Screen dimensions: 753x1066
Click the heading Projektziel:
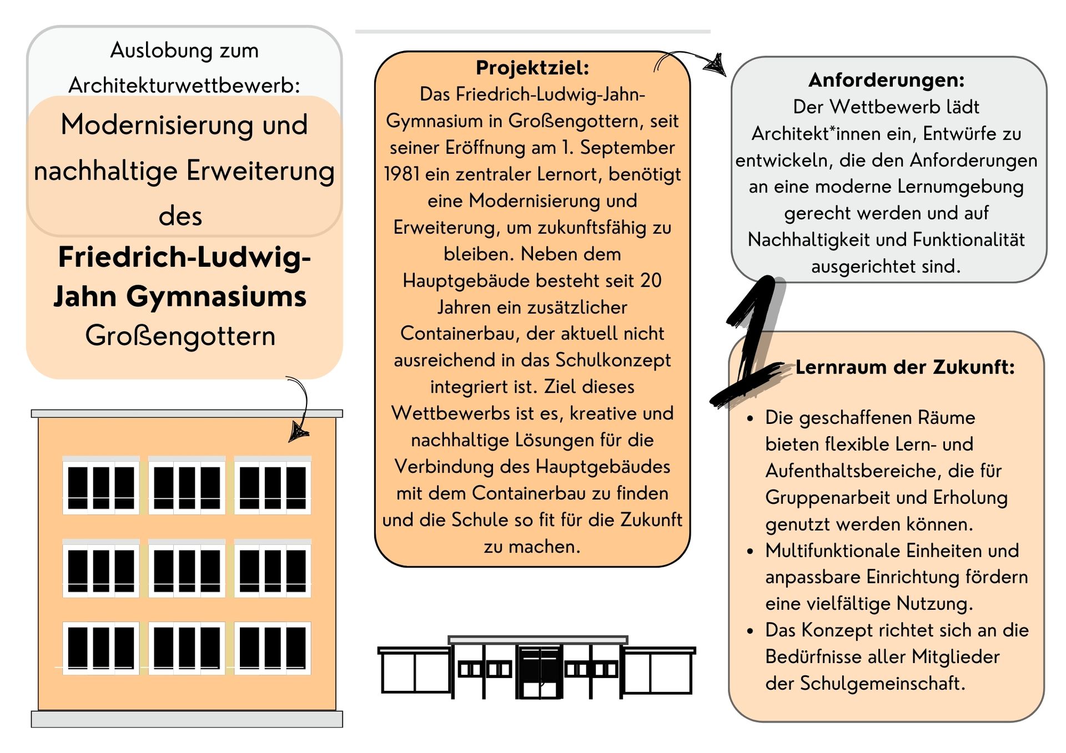[x=532, y=68]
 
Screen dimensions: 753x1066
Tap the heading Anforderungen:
[x=886, y=80]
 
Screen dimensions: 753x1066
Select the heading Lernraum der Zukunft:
[x=904, y=367]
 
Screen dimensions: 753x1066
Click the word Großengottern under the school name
[x=180, y=336]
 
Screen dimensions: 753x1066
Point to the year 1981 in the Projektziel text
[x=401, y=174]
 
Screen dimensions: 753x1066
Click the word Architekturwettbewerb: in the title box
[x=184, y=85]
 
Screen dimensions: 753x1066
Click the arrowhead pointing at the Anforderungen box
[x=716, y=65]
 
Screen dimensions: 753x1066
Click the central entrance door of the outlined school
[x=539, y=671]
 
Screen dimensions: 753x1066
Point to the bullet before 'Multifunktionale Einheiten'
[x=750, y=551]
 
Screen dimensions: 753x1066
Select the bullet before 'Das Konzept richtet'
[x=750, y=631]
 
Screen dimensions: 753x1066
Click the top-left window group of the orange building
[x=100, y=486]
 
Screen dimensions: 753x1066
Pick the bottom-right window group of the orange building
[x=272, y=648]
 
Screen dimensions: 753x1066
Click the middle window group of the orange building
[x=187, y=568]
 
